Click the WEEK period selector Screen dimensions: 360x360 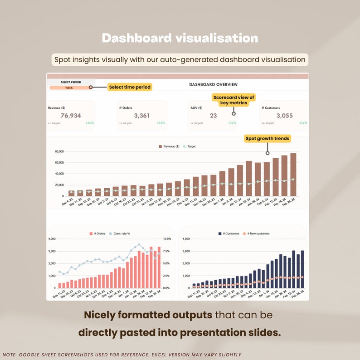point(69,88)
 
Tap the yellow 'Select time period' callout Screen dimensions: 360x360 point(129,87)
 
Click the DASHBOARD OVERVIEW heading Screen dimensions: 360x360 point(213,85)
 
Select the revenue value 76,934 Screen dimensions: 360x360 point(71,116)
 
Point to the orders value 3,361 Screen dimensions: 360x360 point(142,116)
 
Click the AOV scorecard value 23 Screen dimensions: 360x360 point(213,116)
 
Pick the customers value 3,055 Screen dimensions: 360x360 point(284,116)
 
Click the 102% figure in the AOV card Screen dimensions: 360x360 point(232,123)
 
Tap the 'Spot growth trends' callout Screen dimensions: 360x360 point(267,139)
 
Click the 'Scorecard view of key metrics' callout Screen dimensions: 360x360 point(234,100)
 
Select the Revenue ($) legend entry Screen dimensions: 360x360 point(169,146)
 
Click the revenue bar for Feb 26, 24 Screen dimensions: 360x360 point(293,175)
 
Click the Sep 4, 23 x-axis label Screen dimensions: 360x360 point(67,202)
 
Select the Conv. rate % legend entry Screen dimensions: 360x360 point(120,234)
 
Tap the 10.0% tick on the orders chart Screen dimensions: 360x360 point(166,239)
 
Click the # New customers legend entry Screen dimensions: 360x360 point(256,234)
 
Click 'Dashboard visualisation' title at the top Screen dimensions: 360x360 point(180,38)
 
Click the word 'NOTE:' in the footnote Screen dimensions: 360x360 point(10,355)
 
